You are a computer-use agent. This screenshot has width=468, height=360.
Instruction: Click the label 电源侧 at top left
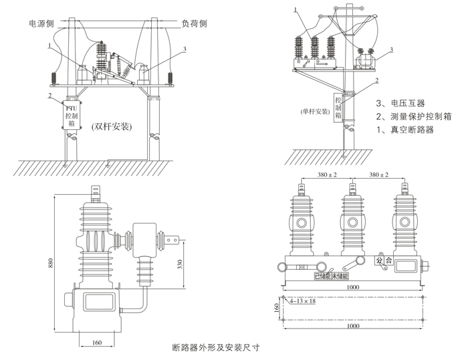pos(41,23)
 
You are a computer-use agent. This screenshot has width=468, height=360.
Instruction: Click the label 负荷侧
pos(195,23)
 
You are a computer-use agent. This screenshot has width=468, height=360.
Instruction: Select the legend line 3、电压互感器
pos(403,104)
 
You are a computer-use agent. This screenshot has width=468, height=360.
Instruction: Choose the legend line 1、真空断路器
pos(406,130)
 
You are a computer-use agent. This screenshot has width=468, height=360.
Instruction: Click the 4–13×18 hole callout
pos(302,301)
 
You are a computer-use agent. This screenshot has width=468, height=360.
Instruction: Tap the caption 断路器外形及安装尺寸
pos(215,348)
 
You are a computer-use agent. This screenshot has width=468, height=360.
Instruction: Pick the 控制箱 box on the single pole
pos(338,105)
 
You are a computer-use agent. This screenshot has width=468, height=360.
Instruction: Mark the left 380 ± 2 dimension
pos(325,175)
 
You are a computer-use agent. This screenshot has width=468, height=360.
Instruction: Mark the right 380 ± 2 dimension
pos(378,175)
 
